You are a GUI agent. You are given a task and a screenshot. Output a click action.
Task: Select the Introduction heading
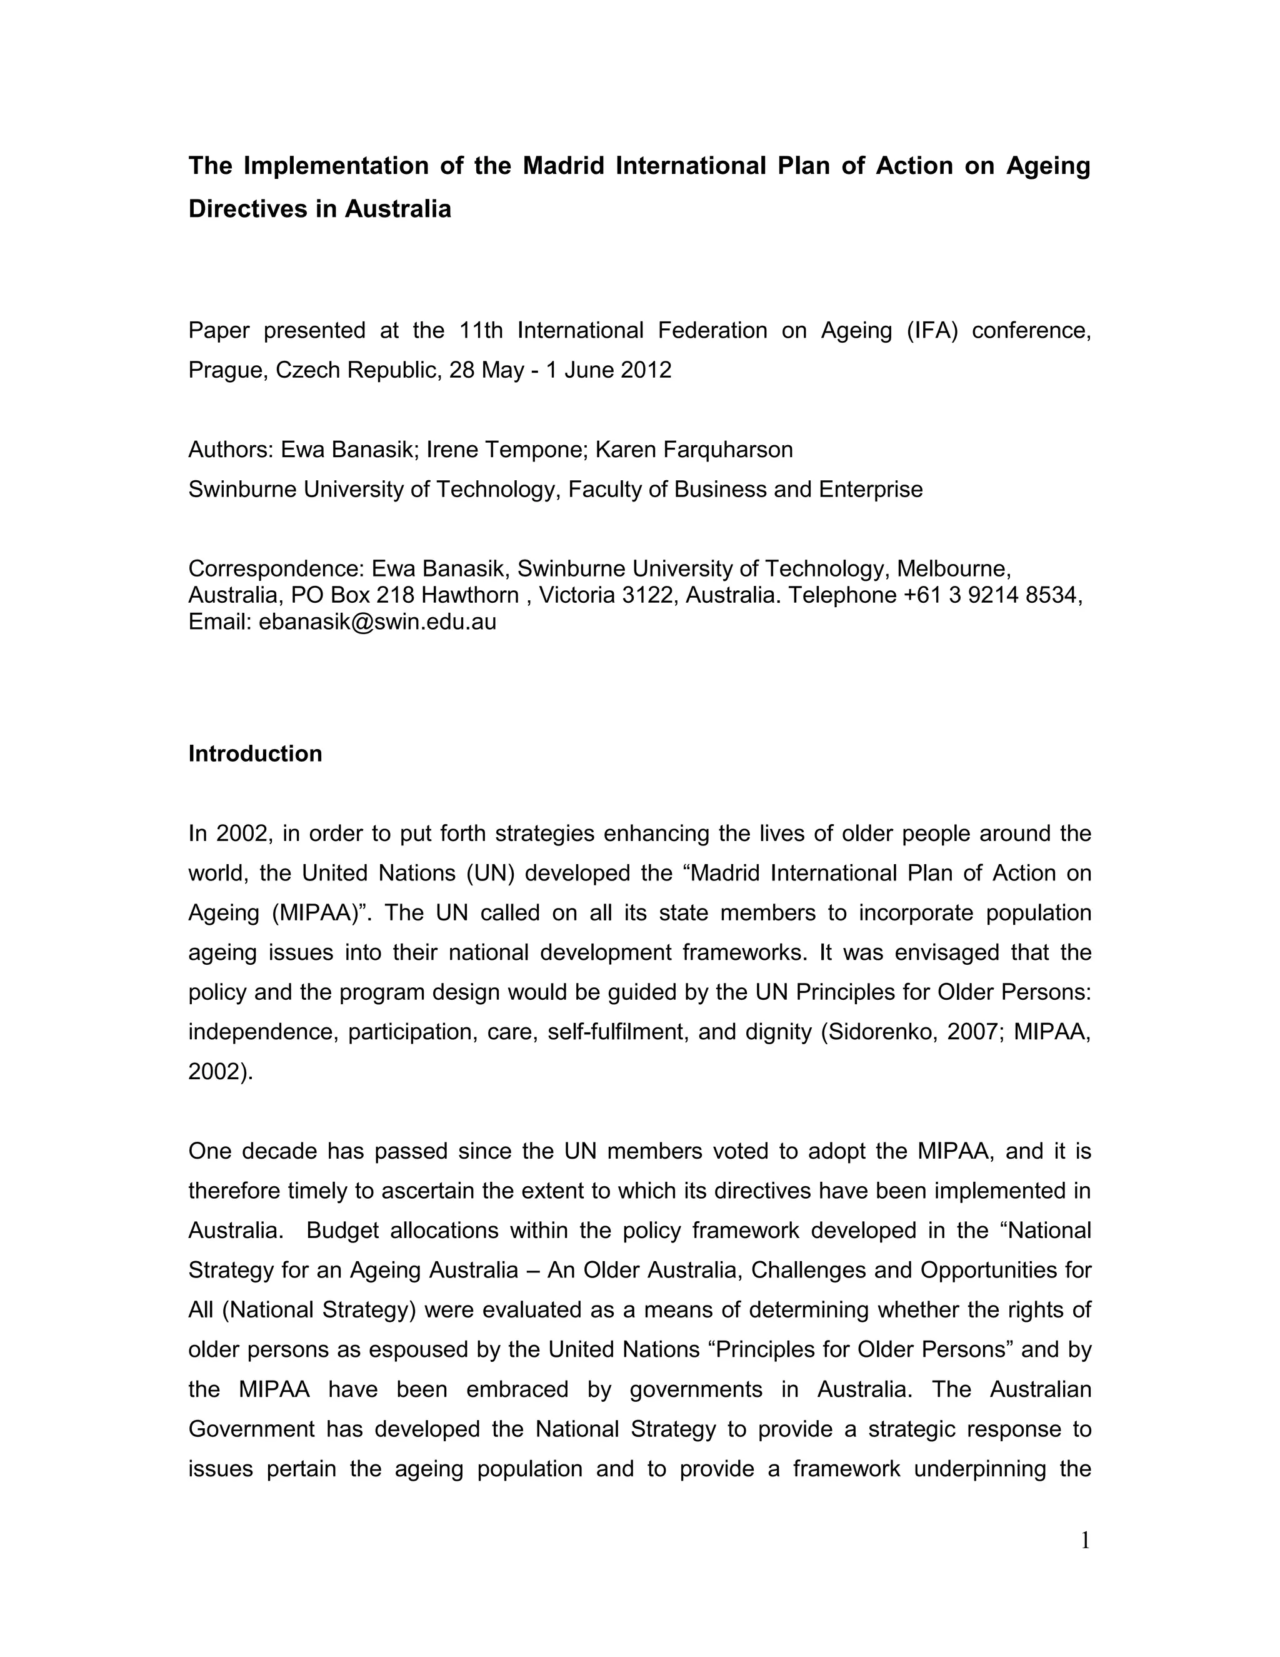click(x=255, y=753)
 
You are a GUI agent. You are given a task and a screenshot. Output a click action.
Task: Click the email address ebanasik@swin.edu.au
click(x=377, y=622)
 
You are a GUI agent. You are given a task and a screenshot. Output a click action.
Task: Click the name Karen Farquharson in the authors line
click(x=694, y=450)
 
